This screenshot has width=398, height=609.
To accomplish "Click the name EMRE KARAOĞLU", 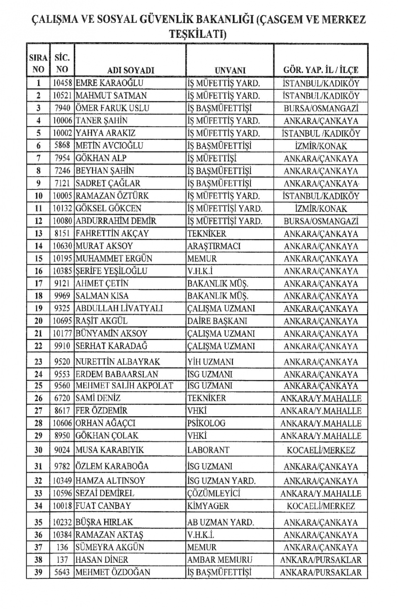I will point(109,83).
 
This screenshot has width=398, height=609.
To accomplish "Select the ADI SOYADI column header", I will point(131,70).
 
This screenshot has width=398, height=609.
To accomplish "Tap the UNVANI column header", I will point(230,70).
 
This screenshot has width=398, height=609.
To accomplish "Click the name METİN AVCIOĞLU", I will point(109,146).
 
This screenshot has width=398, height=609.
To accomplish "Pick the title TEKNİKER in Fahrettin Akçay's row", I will point(207,234).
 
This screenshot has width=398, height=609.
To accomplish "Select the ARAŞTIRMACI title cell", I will point(214,246).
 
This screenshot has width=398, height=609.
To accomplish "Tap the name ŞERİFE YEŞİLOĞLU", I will point(112,271).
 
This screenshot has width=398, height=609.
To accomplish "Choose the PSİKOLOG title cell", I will point(206,423).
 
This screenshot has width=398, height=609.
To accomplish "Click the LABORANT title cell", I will point(208,450).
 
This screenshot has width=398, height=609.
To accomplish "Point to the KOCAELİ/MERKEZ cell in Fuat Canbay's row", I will point(321,506).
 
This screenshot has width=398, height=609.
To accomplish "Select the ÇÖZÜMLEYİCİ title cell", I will point(214,494).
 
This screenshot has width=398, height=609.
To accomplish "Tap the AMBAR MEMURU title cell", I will point(219,560).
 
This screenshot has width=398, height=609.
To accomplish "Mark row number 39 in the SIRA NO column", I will point(38,573).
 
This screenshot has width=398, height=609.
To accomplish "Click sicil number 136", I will point(63,548).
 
